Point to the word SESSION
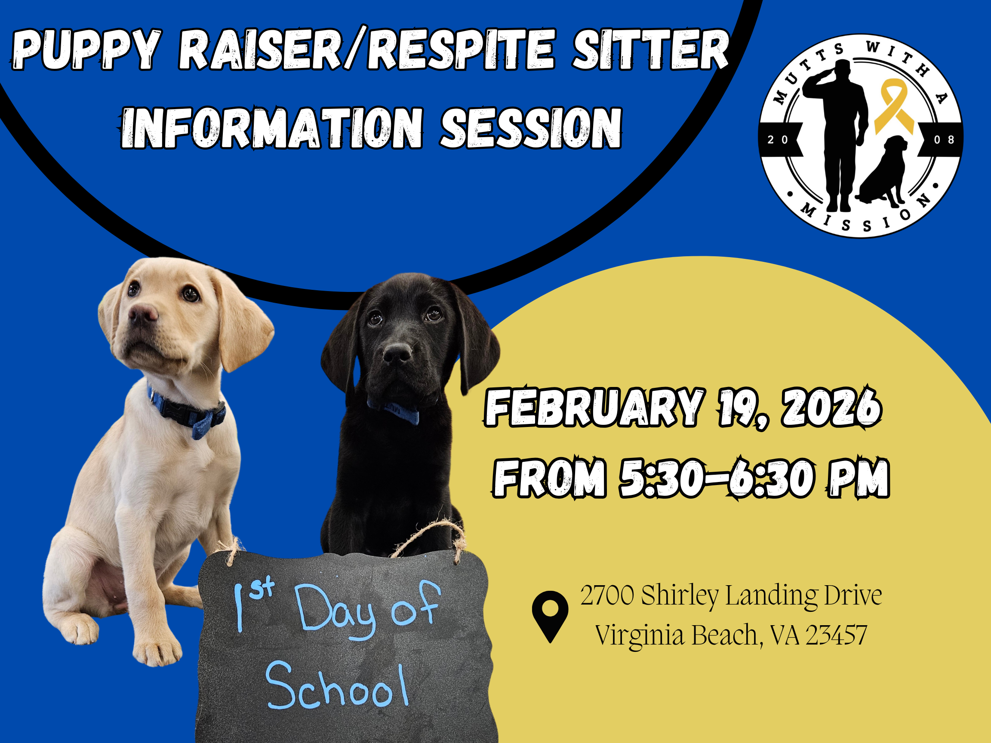(x=531, y=128)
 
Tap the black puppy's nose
(x=397, y=354)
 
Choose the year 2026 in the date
(x=831, y=408)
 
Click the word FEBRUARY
(x=594, y=408)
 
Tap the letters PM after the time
(x=858, y=478)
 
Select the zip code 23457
(x=836, y=635)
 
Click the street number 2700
(x=607, y=595)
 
